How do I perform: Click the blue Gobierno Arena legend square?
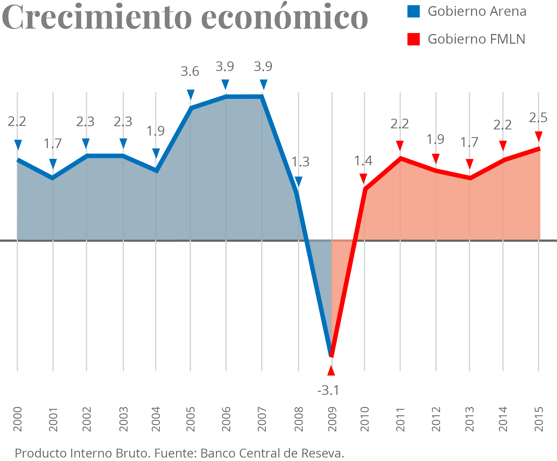tap(413, 11)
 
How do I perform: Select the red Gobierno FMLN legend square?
tap(413, 39)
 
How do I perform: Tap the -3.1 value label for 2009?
tap(328, 390)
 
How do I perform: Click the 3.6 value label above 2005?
tap(190, 72)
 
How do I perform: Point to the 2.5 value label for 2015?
tap(538, 118)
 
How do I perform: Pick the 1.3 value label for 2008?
tap(300, 162)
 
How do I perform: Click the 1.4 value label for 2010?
tap(363, 161)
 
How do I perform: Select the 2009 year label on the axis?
tap(332, 419)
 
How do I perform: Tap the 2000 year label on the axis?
tap(18, 419)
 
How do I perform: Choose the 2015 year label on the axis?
tap(539, 419)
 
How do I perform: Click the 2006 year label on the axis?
tap(226, 419)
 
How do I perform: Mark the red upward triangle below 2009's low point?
tap(331, 371)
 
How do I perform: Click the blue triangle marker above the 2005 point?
tap(190, 94)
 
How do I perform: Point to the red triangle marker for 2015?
tap(539, 136)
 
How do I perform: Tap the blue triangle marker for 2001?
tap(53, 163)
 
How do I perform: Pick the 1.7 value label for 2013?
tap(469, 142)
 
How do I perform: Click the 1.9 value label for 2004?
tap(155, 131)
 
